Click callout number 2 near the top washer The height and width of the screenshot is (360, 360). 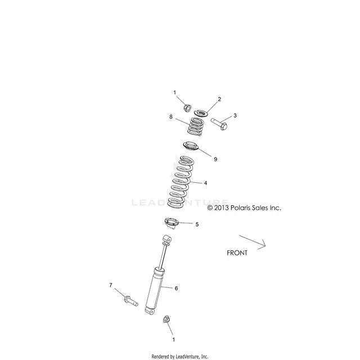coord(219,99)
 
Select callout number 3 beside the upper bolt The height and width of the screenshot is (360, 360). coord(235,115)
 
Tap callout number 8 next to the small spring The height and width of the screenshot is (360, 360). coord(171,117)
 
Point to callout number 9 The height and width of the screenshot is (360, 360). coord(215,159)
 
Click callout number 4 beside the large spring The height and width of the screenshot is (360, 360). coord(205,183)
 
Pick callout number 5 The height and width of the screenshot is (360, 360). coord(197,224)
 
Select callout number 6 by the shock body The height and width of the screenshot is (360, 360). coord(176,288)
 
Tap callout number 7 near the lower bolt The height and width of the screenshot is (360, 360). coord(111,285)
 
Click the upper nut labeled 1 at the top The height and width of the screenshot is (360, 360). coord(187,108)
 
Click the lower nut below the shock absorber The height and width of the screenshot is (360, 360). coord(166,319)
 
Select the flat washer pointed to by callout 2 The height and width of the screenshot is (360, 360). coord(201,113)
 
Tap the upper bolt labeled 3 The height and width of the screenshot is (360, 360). coord(219,124)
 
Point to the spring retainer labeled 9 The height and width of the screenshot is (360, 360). coord(191,146)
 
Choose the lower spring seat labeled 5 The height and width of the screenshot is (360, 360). coord(171,223)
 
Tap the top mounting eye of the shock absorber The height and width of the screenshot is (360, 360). coord(168,239)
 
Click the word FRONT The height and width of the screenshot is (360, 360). coord(237,253)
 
